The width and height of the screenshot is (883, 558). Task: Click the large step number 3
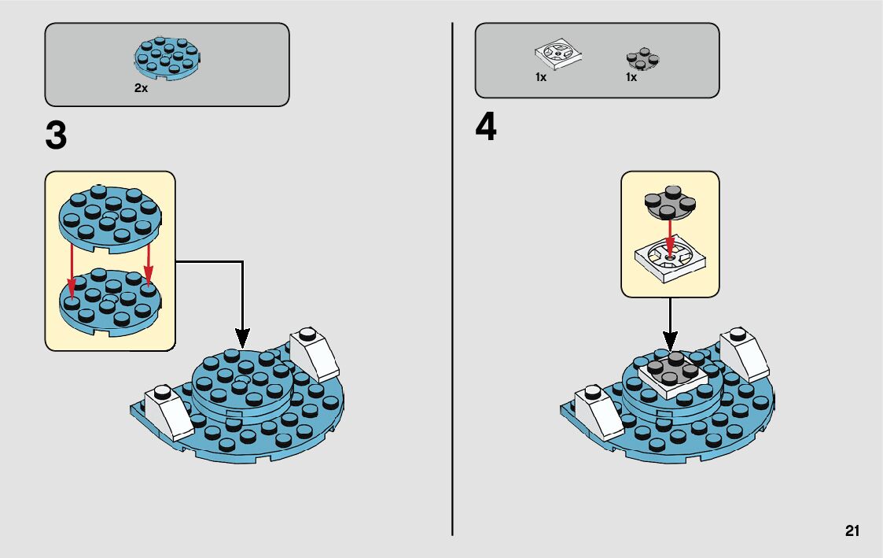point(57,136)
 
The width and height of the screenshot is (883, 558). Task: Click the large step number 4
point(486,128)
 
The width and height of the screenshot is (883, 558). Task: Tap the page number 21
point(852,531)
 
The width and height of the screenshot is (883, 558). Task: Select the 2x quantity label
point(141,89)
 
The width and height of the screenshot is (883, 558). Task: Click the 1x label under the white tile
point(541,78)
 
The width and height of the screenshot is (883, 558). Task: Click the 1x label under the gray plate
point(631,78)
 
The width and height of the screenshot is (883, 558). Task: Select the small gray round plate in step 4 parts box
point(642,58)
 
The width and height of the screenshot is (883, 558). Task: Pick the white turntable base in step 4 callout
point(668,263)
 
